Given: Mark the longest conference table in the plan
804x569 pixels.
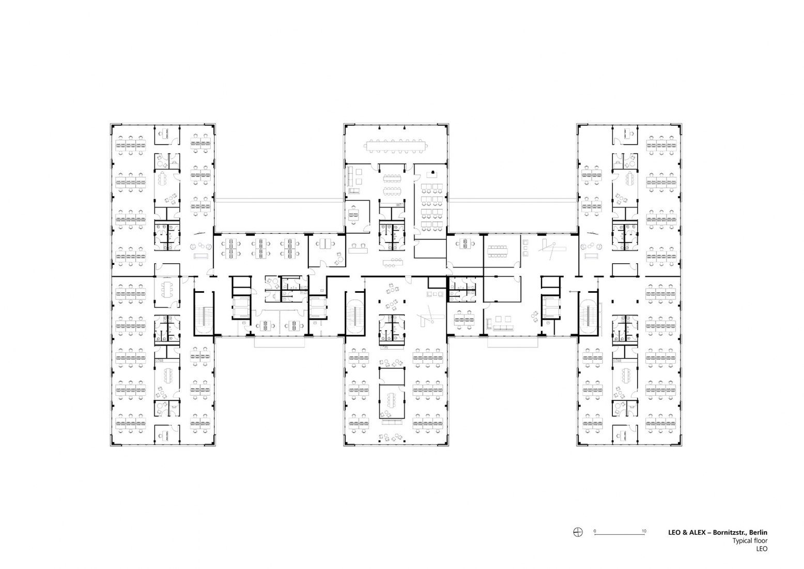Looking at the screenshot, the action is (x=397, y=146).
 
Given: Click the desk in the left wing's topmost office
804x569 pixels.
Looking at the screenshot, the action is (x=166, y=133).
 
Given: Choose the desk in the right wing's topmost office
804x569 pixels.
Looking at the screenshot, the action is (x=628, y=133).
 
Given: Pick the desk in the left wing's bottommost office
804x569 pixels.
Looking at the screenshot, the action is (x=166, y=436).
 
